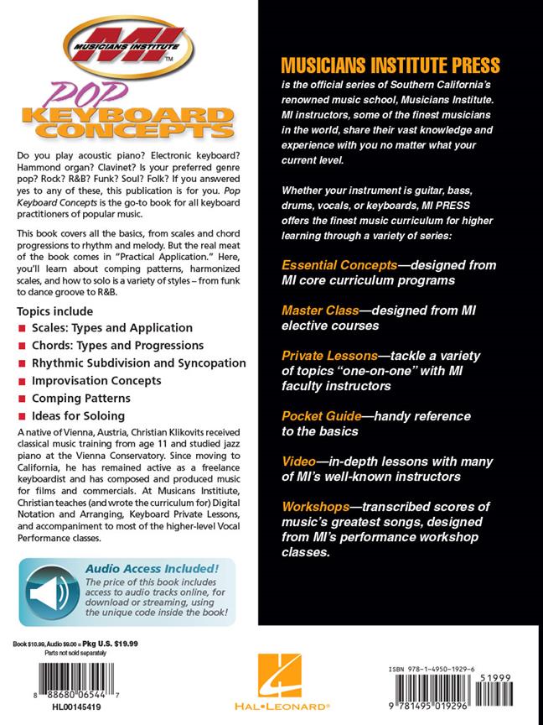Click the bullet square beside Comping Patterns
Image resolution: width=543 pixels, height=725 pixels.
[x=22, y=399]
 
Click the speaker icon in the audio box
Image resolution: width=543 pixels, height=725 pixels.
[x=49, y=592]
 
